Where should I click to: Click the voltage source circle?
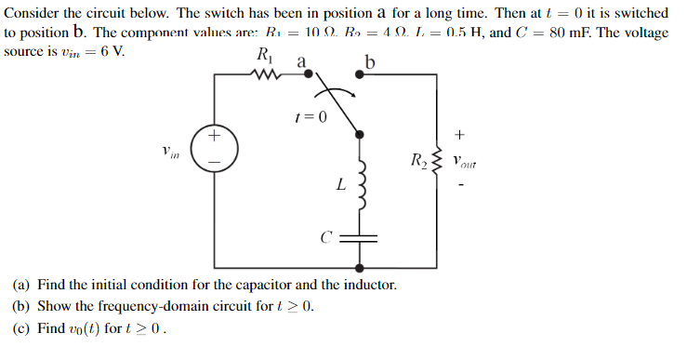pyautogui.click(x=215, y=149)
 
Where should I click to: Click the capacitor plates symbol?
pyautogui.click(x=360, y=237)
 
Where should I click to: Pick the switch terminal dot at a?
pyautogui.click(x=309, y=73)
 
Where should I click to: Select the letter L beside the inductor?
pyautogui.click(x=341, y=185)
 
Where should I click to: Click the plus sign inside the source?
pyautogui.click(x=215, y=137)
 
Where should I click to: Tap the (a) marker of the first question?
pyautogui.click(x=20, y=284)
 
